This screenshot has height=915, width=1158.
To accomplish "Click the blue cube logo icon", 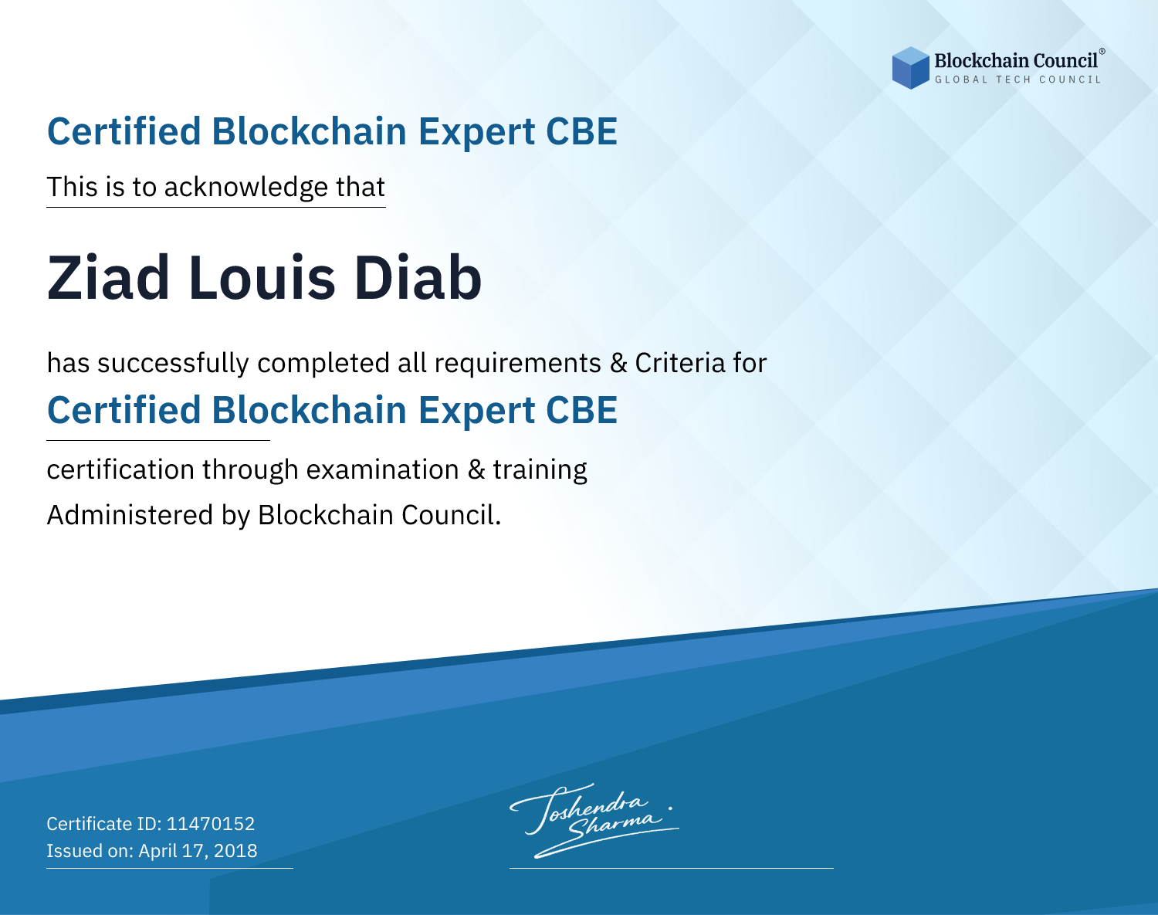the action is click(x=910, y=68).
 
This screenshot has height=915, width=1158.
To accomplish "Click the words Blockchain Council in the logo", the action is click(x=1016, y=61).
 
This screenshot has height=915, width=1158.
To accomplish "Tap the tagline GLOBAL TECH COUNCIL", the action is click(x=1017, y=80).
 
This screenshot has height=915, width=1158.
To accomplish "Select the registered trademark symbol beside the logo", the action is click(x=1102, y=51).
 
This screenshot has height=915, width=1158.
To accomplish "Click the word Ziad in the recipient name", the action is click(x=108, y=278).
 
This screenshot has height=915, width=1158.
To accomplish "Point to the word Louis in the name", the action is click(x=262, y=278).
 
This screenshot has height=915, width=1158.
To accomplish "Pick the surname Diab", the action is click(x=418, y=278).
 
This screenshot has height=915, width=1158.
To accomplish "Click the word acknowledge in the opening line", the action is click(x=246, y=188).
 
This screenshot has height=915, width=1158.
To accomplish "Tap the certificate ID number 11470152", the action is click(x=211, y=823).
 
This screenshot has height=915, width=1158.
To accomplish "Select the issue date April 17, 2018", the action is click(x=198, y=851).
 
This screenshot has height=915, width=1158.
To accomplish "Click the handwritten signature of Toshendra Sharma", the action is click(x=594, y=820).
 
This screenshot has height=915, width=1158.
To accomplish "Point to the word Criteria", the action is click(x=679, y=363).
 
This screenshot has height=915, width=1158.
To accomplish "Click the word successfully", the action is click(x=173, y=364).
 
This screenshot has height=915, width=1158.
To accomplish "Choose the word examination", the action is click(x=383, y=469).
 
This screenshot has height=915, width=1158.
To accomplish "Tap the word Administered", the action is click(x=130, y=515).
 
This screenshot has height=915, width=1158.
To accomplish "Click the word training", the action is click(x=540, y=470).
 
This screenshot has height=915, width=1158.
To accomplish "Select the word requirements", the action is click(x=518, y=364).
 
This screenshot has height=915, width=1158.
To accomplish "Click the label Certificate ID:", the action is click(x=104, y=823).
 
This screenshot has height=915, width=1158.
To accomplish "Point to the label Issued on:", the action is click(x=90, y=851).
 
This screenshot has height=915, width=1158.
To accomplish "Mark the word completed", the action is click(x=323, y=364).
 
